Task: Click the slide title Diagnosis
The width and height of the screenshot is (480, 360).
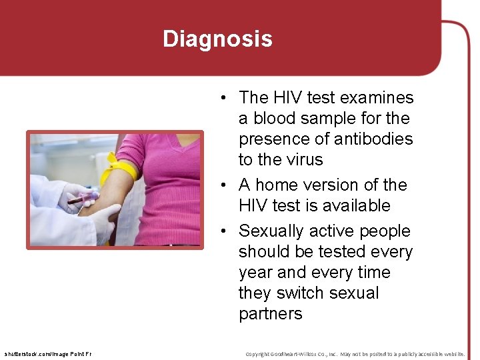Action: point(217,39)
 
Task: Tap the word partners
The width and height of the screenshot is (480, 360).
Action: point(270,314)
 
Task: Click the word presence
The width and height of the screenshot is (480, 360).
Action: point(275,139)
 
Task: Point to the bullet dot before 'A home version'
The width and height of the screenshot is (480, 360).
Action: point(227,185)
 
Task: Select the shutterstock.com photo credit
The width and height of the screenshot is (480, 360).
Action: point(48,353)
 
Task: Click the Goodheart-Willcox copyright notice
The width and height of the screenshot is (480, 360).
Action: point(355,353)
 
